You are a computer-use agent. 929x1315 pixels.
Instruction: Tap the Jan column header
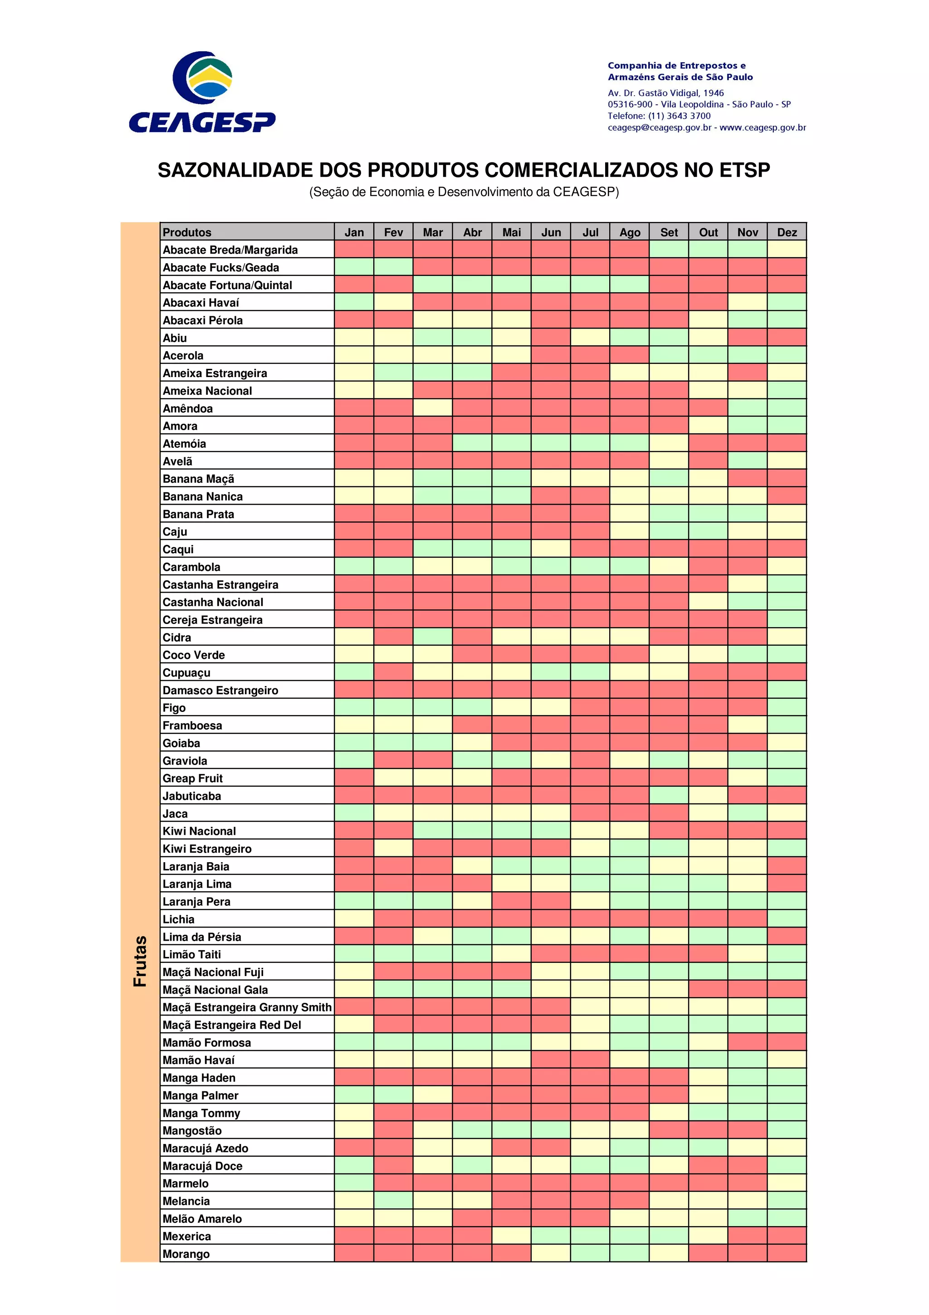tap(354, 232)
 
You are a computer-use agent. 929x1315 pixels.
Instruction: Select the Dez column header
tap(787, 232)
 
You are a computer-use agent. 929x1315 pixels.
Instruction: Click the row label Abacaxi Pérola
tap(203, 320)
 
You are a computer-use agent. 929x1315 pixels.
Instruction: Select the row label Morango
tap(186, 1254)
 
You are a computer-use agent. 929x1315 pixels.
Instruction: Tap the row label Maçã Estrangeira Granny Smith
tap(247, 1007)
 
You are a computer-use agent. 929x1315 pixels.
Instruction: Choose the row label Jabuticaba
tap(192, 795)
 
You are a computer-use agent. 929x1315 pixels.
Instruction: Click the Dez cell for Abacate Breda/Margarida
tap(787, 249)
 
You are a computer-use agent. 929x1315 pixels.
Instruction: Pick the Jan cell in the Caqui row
tap(354, 549)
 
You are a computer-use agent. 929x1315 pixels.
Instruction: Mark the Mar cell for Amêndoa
tap(433, 408)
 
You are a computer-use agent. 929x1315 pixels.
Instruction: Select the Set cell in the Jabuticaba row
tap(669, 795)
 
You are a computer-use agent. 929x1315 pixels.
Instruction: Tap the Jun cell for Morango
tap(551, 1254)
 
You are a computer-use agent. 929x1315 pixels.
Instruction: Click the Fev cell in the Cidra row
tap(393, 637)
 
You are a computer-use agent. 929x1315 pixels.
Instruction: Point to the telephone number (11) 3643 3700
tap(679, 116)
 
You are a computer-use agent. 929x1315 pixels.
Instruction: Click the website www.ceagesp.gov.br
tap(763, 127)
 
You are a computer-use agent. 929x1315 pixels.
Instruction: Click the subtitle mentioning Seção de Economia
tap(464, 192)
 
